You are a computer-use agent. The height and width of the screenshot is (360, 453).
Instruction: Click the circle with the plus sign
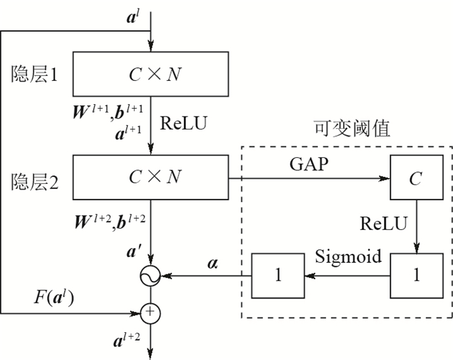coord(150,313)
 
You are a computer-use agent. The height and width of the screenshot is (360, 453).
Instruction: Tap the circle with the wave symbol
coord(150,276)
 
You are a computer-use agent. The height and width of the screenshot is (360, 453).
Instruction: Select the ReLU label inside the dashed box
coord(384,224)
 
